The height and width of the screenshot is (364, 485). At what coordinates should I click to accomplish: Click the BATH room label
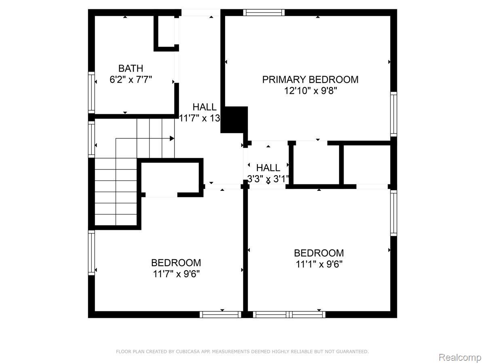[131, 68]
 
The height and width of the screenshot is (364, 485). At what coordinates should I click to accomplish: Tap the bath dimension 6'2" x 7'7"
[131, 80]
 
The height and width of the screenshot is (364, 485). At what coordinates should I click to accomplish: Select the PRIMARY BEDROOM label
[310, 80]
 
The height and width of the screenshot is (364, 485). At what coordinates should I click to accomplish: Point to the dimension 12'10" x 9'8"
[310, 91]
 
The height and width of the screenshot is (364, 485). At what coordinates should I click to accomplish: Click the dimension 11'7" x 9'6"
[176, 274]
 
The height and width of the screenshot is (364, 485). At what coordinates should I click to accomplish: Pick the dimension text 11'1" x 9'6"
[319, 264]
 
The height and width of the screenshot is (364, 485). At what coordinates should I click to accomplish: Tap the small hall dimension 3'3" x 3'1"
[268, 179]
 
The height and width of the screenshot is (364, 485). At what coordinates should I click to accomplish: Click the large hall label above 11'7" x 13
[205, 107]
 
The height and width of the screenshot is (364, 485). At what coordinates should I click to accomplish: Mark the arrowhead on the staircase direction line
[172, 139]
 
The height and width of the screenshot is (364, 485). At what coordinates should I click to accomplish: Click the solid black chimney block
[234, 120]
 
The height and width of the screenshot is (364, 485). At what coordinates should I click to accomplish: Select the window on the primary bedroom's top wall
[264, 13]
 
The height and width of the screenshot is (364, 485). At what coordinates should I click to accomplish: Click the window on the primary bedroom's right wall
[394, 114]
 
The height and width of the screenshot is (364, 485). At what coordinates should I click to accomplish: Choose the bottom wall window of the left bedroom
[221, 315]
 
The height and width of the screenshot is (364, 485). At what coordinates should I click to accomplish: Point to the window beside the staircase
[91, 140]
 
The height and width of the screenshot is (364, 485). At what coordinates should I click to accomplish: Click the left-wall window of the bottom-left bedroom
[91, 253]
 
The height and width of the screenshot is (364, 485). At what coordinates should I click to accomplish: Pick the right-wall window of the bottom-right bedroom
[394, 213]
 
